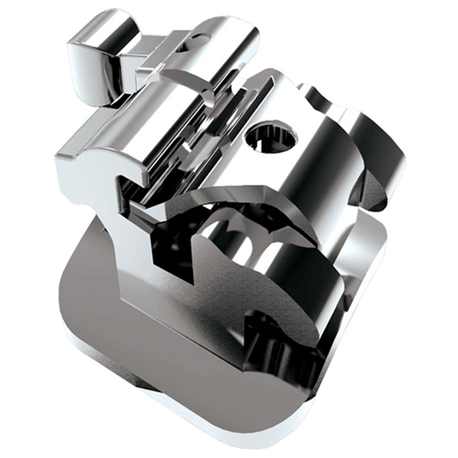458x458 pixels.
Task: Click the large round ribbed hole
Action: coord(271,138)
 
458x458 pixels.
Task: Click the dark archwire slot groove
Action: coord(179,148)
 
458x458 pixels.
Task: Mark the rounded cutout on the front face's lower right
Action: coord(268,340)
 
